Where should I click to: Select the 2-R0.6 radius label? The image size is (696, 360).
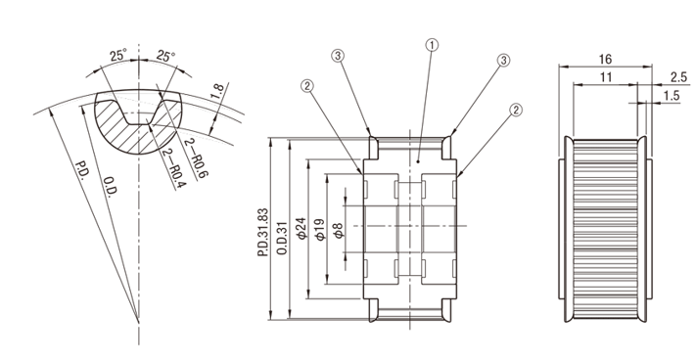tap(196, 158)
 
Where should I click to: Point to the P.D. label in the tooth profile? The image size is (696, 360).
tap(81, 170)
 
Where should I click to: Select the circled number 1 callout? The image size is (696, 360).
tap(432, 45)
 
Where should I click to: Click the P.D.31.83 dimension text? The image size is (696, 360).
tap(262, 232)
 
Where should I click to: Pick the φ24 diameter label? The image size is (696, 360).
tap(302, 228)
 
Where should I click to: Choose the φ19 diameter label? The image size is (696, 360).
tap(320, 229)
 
